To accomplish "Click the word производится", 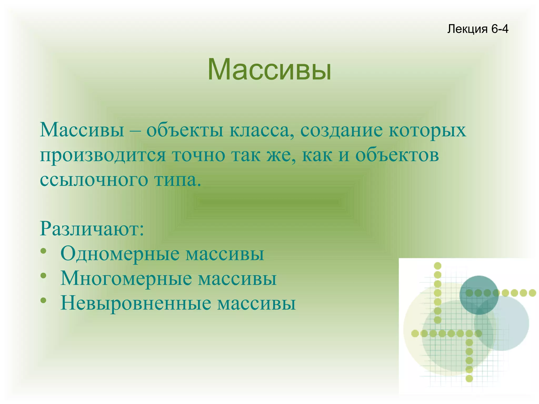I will [x=103, y=155].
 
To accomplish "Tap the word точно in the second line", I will [x=199, y=155].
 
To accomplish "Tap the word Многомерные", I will [x=126, y=278].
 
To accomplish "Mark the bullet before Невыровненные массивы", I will [x=44, y=300].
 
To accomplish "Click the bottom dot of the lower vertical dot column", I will [x=469, y=378].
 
